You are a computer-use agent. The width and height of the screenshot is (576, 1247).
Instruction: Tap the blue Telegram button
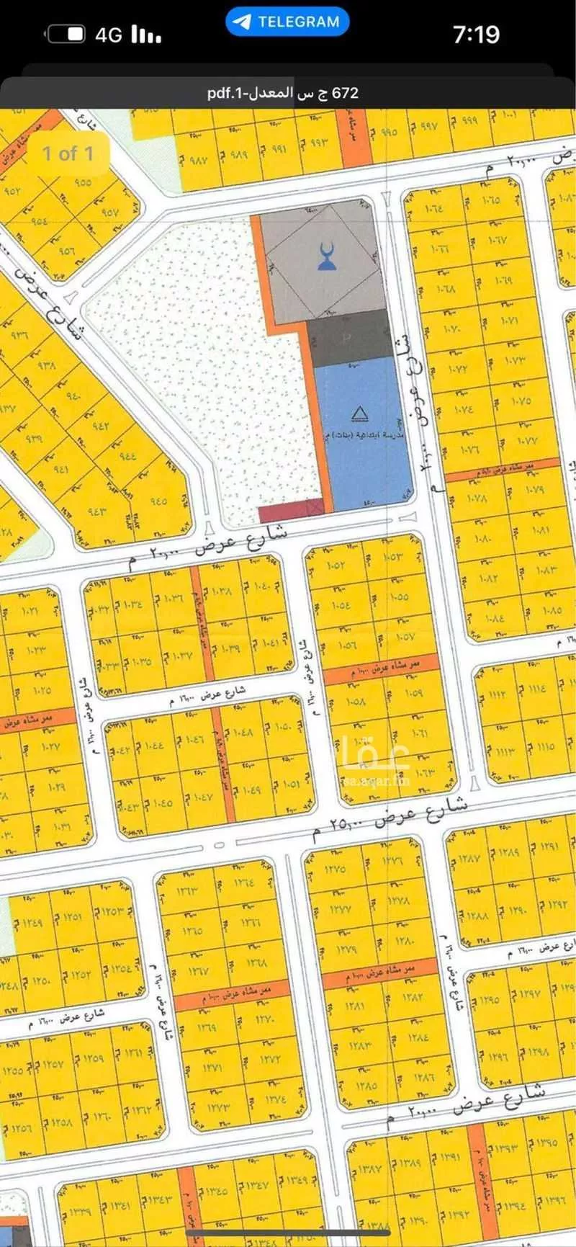[287, 22]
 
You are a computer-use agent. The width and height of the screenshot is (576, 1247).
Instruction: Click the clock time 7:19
[476, 35]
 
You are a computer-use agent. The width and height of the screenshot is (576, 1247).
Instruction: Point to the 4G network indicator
[109, 35]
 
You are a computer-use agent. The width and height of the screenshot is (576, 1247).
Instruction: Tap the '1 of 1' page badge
[68, 153]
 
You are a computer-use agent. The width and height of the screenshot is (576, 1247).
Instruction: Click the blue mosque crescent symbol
[327, 257]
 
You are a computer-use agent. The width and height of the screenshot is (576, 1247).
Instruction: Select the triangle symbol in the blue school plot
[358, 414]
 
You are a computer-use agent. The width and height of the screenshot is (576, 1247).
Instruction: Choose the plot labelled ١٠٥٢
[336, 564]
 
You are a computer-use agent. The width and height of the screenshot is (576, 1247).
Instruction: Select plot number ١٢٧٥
[336, 868]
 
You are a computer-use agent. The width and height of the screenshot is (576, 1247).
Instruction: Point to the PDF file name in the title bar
[282, 93]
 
